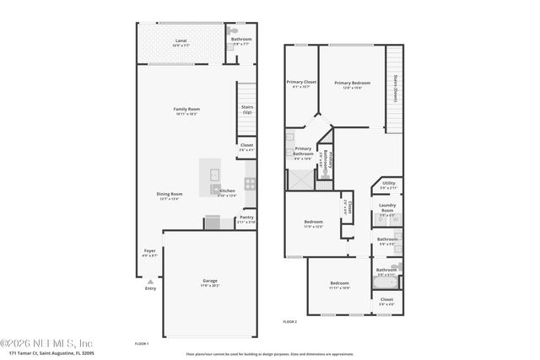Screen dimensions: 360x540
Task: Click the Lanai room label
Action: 181,40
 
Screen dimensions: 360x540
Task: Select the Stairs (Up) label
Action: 248,109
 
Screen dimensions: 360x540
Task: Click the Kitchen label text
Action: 228,191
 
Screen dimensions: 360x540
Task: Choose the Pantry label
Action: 246,218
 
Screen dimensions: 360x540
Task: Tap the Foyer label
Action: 149,250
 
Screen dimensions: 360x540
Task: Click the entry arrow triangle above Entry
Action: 150,281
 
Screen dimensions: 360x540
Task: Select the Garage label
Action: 210,280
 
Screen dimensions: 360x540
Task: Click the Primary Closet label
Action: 300,82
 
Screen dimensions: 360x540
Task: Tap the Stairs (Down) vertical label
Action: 395,89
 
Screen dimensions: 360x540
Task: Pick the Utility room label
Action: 388,183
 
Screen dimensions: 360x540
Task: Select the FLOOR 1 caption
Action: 142,343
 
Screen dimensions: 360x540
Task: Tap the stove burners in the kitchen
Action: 250,181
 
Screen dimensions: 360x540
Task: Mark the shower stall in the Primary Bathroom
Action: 299,178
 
